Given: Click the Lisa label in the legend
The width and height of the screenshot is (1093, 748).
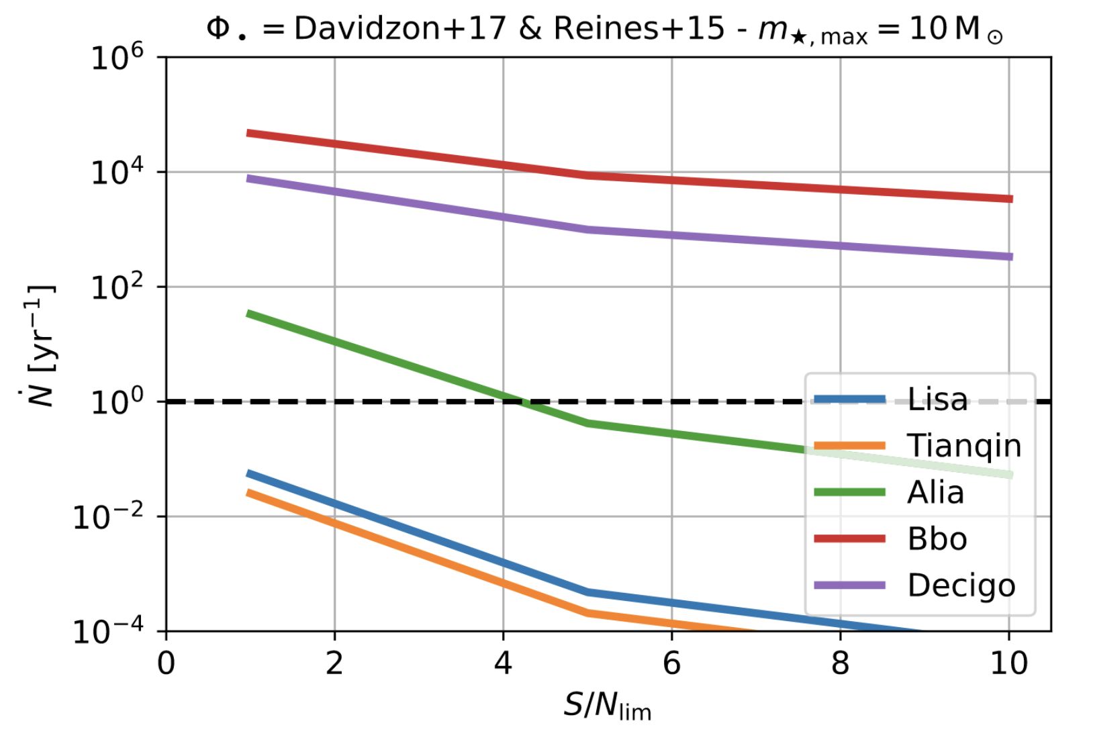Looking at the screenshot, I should (x=937, y=400).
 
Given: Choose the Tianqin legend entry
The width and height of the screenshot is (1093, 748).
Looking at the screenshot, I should (x=963, y=446).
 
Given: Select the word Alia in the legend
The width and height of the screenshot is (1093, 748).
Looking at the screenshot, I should (x=935, y=492).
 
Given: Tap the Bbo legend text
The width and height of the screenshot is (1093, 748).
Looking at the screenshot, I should (x=937, y=539).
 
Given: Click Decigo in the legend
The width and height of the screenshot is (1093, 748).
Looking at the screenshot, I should (x=961, y=586).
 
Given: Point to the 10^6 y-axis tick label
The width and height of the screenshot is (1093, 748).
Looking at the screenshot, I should (x=117, y=57).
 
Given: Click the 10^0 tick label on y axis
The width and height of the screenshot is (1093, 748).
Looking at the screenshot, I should (x=117, y=402).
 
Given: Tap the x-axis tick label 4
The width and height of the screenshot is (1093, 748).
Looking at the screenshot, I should (x=503, y=663).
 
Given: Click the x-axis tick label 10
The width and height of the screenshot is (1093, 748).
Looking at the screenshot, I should (x=1008, y=663).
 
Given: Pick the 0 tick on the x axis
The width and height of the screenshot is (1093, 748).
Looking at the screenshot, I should (x=166, y=663).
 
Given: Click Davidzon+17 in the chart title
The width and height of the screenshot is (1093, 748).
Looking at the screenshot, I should (x=400, y=29).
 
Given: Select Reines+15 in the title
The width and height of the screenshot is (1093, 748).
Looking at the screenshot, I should (x=638, y=29).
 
